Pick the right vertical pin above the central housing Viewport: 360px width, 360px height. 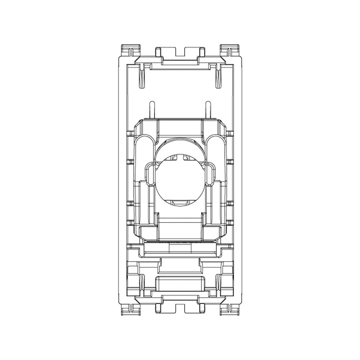(x=208, y=110)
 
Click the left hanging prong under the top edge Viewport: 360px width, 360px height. (x=141, y=76)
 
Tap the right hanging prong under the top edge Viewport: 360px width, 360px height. (x=219, y=76)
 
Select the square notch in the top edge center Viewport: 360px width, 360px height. (x=180, y=51)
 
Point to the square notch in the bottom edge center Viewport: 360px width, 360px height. (x=180, y=308)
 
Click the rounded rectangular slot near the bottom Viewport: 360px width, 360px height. (x=180, y=283)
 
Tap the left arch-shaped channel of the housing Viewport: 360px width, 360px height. (x=146, y=151)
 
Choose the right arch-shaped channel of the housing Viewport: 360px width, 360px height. (x=214, y=151)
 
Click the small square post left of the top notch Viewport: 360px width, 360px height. (x=158, y=51)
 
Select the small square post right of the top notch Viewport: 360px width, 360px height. (x=201, y=51)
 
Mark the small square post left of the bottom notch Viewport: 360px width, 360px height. (x=158, y=308)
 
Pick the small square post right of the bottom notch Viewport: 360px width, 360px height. (x=201, y=308)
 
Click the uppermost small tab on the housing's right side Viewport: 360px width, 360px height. (x=230, y=134)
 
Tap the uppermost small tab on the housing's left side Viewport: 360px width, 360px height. (x=130, y=134)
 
